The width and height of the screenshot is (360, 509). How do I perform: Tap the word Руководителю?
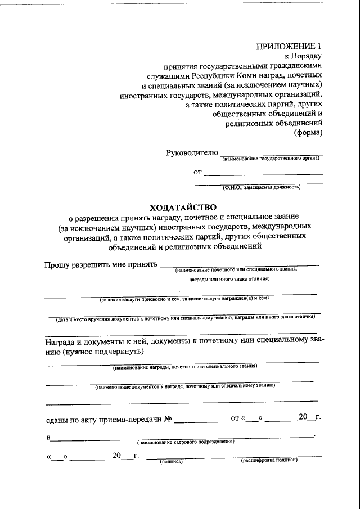[191, 154]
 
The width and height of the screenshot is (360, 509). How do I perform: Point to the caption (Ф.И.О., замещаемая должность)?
[261, 187]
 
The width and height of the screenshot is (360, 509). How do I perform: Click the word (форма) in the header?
[308, 133]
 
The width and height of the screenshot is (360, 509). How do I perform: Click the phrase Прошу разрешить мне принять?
[101, 265]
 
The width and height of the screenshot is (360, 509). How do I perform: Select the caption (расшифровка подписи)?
[269, 461]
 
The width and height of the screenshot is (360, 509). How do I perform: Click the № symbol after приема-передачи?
[167, 418]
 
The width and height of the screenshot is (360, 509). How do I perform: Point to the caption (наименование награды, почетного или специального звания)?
[184, 367]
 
